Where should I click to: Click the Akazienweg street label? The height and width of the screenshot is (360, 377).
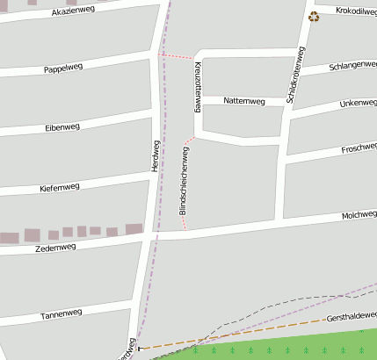(73, 11)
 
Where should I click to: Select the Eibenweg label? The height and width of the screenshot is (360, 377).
(62, 128)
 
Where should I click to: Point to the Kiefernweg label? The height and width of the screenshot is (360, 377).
(60, 187)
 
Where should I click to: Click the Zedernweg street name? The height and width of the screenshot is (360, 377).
(55, 248)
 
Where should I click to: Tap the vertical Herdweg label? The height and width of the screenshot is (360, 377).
(156, 155)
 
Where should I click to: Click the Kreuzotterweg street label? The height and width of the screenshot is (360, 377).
(199, 87)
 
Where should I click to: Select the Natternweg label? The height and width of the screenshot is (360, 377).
(244, 101)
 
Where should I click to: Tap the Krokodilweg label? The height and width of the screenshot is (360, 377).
(355, 11)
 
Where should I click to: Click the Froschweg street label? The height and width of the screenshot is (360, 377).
(358, 148)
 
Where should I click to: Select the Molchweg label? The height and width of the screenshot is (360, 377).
(359, 214)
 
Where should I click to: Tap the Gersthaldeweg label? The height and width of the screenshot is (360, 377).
(351, 314)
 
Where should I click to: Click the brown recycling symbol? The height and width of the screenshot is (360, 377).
(314, 17)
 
